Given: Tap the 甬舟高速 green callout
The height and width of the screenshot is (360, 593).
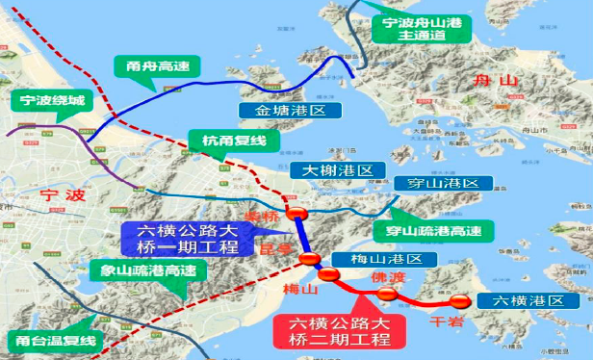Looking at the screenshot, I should (152, 67).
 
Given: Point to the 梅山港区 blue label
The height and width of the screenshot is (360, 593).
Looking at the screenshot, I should (384, 260).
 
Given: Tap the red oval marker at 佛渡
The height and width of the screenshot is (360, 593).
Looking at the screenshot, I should (386, 294).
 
